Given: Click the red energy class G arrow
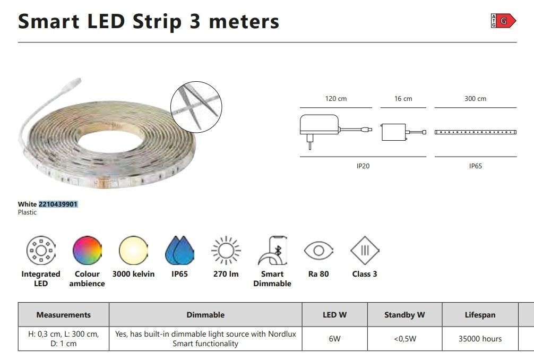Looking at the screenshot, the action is [x=506, y=21].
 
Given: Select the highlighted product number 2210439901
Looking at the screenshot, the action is [x=58, y=204].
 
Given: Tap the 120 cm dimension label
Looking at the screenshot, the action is [x=336, y=98].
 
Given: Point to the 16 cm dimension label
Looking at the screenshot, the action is [x=403, y=98].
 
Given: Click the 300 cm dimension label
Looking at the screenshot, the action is [x=476, y=98].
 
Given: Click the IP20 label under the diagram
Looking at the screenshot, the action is [x=363, y=166].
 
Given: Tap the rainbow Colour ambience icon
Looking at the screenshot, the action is [x=87, y=250].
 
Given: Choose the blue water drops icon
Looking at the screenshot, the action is [x=179, y=250].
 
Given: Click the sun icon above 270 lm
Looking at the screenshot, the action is [x=226, y=250].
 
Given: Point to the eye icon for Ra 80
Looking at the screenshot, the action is [x=318, y=251].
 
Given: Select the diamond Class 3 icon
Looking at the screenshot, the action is [x=365, y=250].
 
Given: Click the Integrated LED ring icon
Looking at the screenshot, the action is [x=41, y=250].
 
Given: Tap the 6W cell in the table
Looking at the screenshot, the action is [x=335, y=339].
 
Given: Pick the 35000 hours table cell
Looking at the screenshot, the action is [x=480, y=339].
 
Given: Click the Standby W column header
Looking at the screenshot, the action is [x=404, y=315].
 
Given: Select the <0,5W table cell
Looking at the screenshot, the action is [x=405, y=339].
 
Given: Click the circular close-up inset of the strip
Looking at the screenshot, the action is [x=196, y=107].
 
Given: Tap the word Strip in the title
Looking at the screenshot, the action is [x=157, y=21].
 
